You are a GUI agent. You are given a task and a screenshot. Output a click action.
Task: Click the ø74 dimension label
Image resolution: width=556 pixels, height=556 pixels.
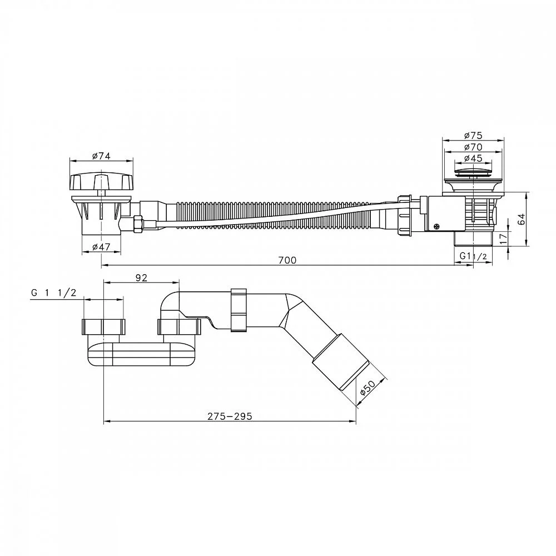pyautogui.click(x=101, y=156)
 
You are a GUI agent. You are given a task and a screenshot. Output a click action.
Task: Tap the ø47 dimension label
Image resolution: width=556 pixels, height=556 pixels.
pyautogui.click(x=101, y=247)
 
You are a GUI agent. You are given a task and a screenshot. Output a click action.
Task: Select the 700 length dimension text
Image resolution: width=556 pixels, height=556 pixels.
pyautogui.click(x=287, y=260)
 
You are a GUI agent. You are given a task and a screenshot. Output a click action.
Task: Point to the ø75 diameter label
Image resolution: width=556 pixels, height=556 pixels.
pyautogui.click(x=473, y=136)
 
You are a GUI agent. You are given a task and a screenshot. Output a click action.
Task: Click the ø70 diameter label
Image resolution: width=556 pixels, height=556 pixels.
pyautogui.click(x=473, y=147)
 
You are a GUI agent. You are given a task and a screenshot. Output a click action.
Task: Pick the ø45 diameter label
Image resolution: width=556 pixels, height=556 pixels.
pyautogui.click(x=473, y=158)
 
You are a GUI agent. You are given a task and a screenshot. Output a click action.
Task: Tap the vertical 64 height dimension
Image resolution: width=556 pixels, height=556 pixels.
pyautogui.click(x=522, y=219)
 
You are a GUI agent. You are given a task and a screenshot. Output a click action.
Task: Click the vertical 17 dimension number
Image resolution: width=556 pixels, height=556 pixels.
pyautogui.click(x=503, y=238)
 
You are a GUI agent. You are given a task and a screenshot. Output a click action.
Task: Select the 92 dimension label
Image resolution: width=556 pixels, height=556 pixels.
pyautogui.click(x=141, y=278)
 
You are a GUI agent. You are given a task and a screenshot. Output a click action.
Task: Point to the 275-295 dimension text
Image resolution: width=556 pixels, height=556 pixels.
pyautogui.click(x=230, y=416)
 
